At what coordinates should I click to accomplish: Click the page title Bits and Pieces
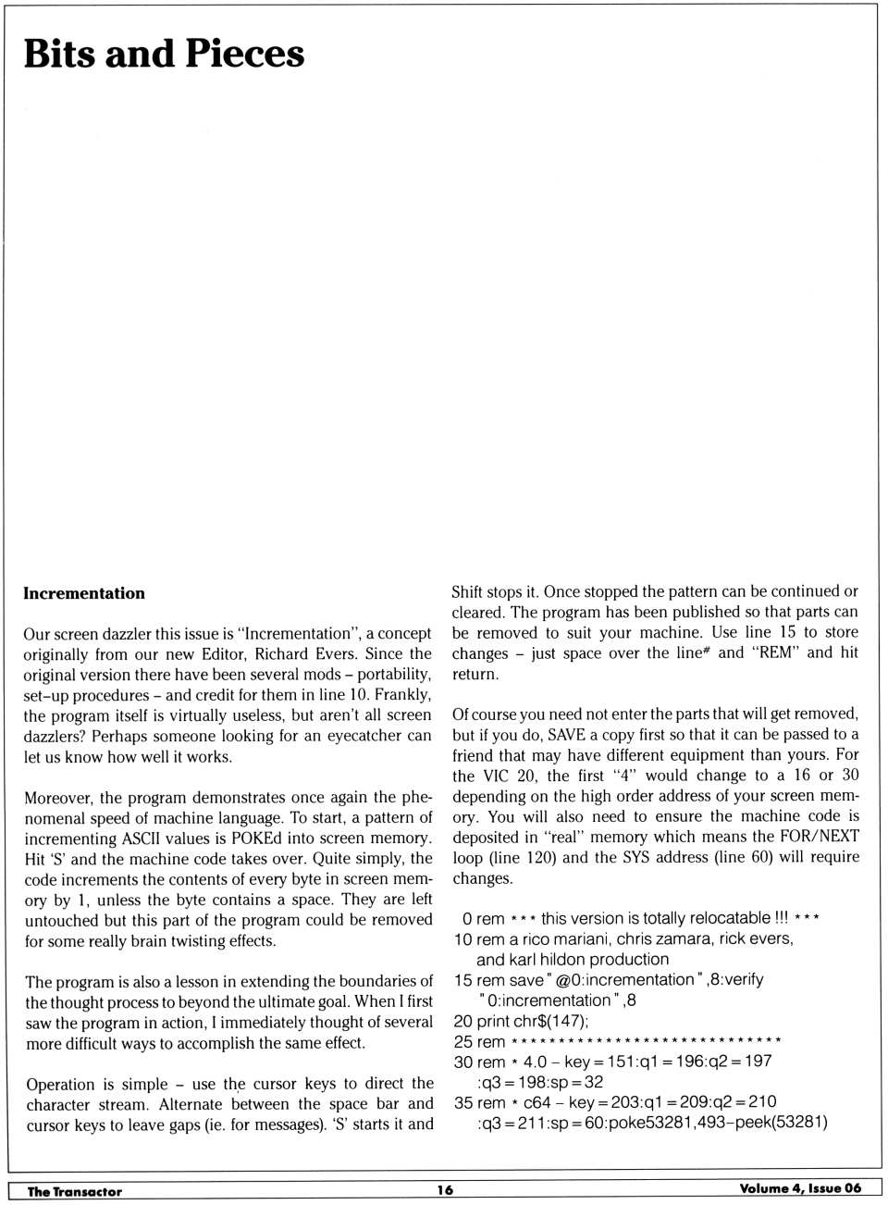click(x=164, y=54)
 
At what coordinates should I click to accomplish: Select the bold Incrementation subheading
click(x=84, y=593)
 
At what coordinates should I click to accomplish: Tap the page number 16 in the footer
click(x=445, y=1190)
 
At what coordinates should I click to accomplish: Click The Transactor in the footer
click(x=75, y=1191)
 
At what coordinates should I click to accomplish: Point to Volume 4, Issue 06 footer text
click(x=800, y=1188)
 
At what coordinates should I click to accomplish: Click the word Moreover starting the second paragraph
click(x=59, y=797)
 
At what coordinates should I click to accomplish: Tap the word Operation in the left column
click(x=60, y=1084)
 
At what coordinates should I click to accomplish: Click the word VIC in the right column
click(x=496, y=775)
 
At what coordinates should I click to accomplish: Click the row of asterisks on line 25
click(x=646, y=1041)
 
